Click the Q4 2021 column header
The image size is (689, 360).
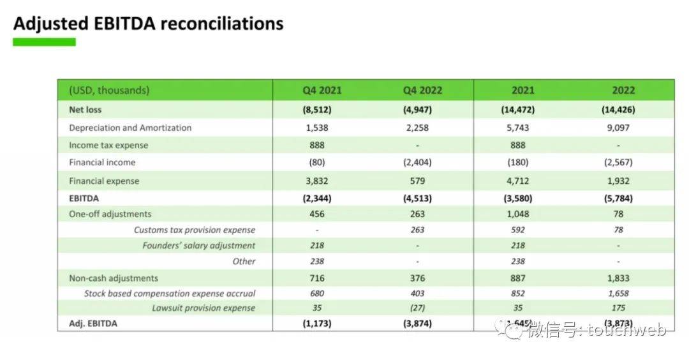click(322, 90)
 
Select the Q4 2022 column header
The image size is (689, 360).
click(422, 90)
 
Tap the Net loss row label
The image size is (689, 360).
click(85, 110)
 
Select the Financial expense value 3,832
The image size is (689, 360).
click(317, 181)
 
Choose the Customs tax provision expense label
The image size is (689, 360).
click(194, 230)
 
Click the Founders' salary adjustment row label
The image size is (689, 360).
click(198, 246)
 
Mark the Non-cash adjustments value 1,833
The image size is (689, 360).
click(618, 278)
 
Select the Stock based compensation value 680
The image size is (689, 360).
click(317, 294)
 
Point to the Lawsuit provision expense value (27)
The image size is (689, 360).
click(418, 308)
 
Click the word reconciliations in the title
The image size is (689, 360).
click(222, 24)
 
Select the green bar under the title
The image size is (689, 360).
click(44, 42)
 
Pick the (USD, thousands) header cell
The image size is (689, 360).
click(109, 90)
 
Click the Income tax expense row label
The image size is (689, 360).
click(108, 145)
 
